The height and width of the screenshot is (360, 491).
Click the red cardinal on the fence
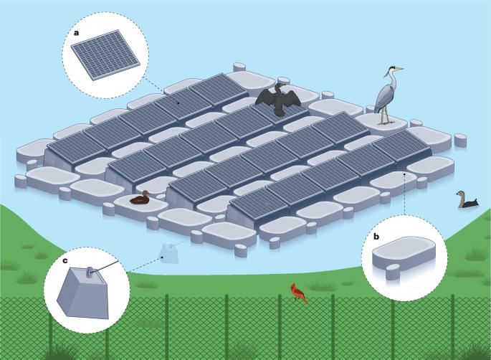[298, 293]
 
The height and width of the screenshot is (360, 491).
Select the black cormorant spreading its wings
[278, 100]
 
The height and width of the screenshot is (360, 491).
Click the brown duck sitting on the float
[140, 199]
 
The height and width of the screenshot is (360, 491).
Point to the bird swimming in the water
[467, 201]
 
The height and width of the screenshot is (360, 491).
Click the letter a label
[77, 32]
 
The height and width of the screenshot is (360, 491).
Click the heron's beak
[398, 70]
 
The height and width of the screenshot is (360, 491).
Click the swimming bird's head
[459, 194]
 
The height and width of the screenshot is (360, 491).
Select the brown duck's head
[144, 193]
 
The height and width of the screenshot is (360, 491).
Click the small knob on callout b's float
[391, 272]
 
